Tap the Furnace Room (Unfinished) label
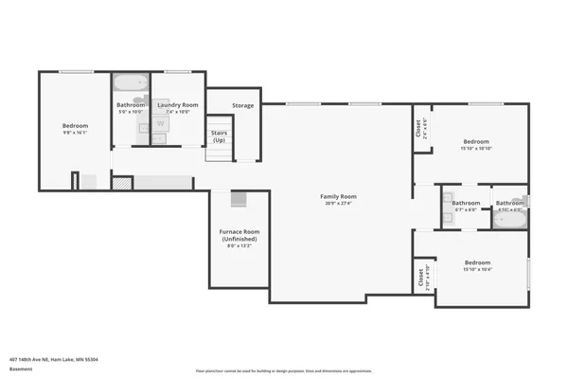pyautogui.click(x=240, y=235)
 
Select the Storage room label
pyautogui.click(x=242, y=105)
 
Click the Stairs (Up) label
pyautogui.click(x=220, y=136)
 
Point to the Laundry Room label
pyautogui.click(x=178, y=104)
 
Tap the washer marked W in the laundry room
pyautogui.click(x=159, y=123)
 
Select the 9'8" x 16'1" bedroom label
pyautogui.click(x=75, y=126)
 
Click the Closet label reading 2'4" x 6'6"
pyautogui.click(x=419, y=128)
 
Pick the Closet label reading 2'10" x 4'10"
pyautogui.click(x=419, y=279)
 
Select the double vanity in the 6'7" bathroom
pyautogui.click(x=446, y=210)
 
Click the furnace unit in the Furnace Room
pyautogui.click(x=239, y=200)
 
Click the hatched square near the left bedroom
pyautogui.click(x=118, y=183)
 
